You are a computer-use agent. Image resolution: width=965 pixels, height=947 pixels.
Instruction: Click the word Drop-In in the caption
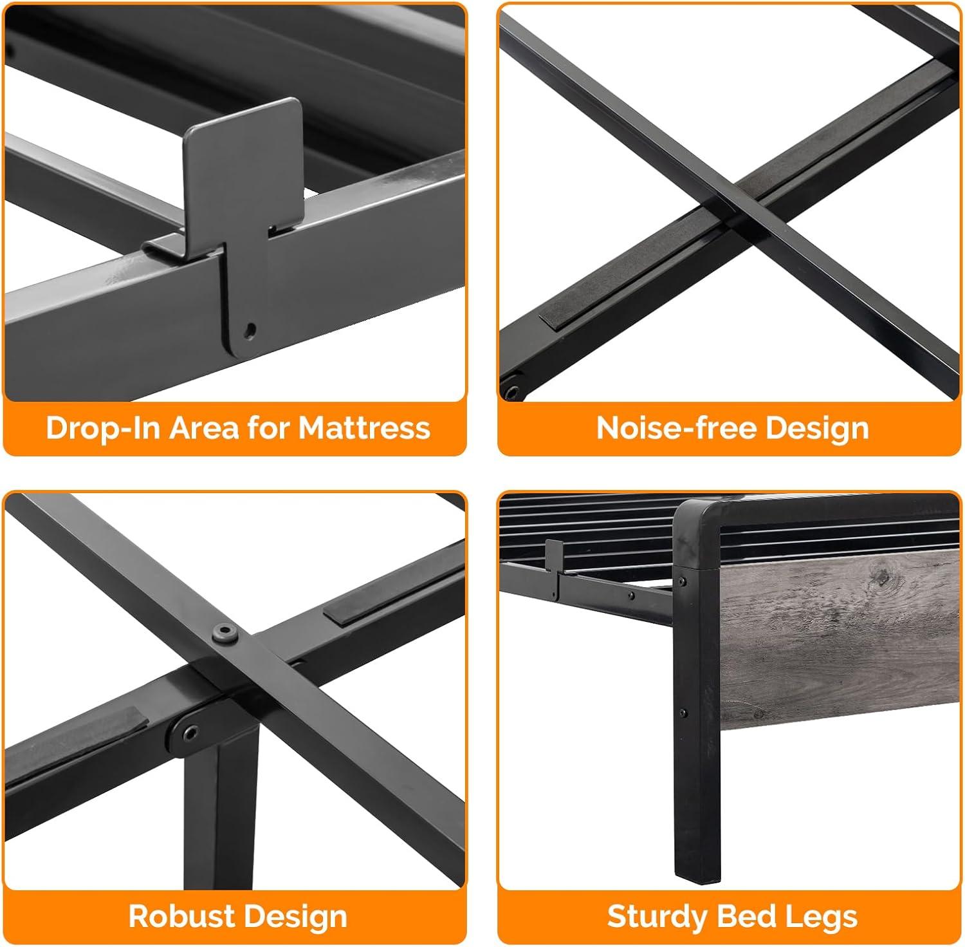coord(102,428)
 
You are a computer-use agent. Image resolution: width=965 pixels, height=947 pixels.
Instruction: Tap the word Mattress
coord(364,428)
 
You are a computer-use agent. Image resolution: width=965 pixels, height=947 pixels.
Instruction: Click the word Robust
coord(181,916)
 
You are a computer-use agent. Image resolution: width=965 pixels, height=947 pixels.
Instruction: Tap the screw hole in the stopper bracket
coord(250,330)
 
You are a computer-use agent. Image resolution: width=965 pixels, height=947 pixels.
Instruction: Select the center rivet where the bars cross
coord(225,632)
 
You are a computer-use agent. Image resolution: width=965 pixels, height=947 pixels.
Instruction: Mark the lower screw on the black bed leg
coord(683,713)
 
